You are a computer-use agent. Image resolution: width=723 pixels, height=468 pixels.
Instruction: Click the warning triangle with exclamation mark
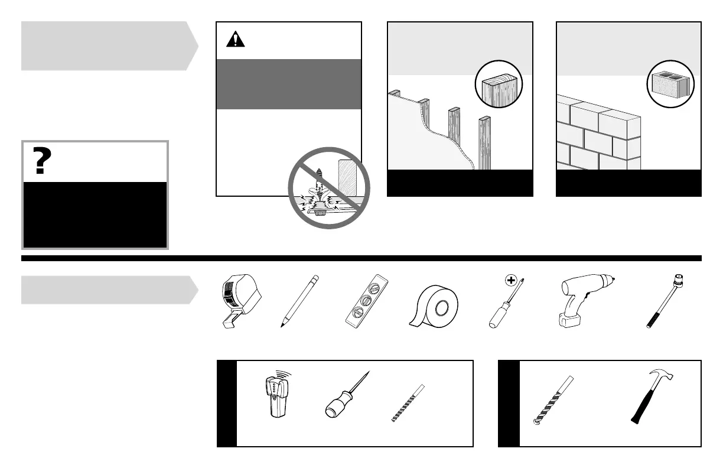236,40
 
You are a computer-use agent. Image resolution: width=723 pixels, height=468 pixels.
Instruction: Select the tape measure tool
234,301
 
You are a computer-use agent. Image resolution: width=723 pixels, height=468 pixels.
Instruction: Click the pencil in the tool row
299,301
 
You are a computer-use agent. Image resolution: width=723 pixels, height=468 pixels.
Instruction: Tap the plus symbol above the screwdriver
512,280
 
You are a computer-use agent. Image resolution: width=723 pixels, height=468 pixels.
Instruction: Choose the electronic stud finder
275,395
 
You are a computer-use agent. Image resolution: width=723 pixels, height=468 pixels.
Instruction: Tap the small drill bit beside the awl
408,402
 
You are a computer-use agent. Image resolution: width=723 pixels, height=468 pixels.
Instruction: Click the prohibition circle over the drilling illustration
328,188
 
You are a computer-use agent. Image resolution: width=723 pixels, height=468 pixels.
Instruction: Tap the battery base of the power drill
568,320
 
